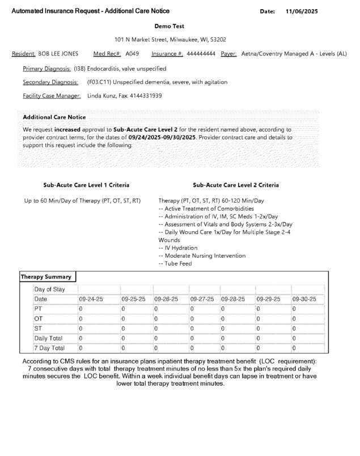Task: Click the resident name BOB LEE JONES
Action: (x=58, y=54)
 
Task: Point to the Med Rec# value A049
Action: (x=132, y=54)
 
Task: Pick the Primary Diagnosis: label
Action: (x=46, y=69)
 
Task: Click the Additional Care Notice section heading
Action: (x=54, y=117)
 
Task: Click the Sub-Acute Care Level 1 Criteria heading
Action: (x=86, y=185)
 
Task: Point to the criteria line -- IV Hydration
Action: (x=178, y=248)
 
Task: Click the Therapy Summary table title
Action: (x=46, y=277)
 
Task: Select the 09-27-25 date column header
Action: (x=202, y=299)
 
